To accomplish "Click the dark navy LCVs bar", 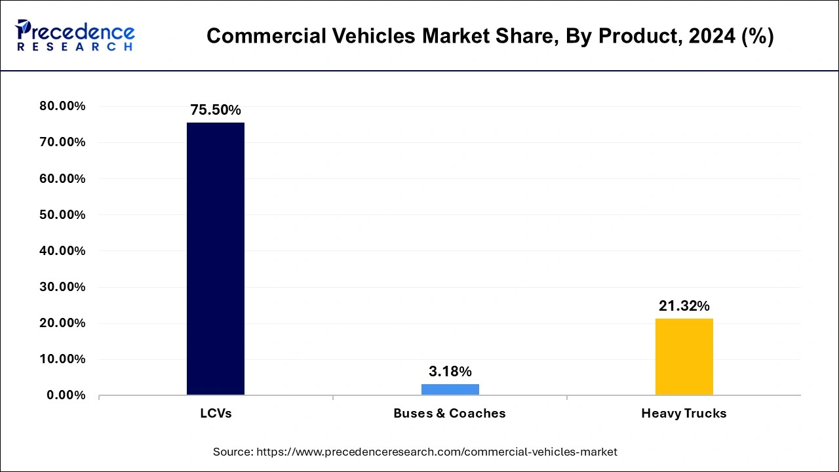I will click(x=215, y=258).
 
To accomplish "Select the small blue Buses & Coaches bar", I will click(x=450, y=389).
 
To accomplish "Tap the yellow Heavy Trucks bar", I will click(x=684, y=357).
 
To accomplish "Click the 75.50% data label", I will click(x=216, y=110).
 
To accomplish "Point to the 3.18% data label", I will click(x=450, y=372).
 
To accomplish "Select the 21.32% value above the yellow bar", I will click(x=684, y=306).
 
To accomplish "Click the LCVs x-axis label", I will click(x=216, y=414).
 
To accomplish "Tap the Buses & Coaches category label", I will click(x=450, y=414).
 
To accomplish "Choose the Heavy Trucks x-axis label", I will click(x=684, y=414).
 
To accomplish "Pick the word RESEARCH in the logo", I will click(x=75, y=47).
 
